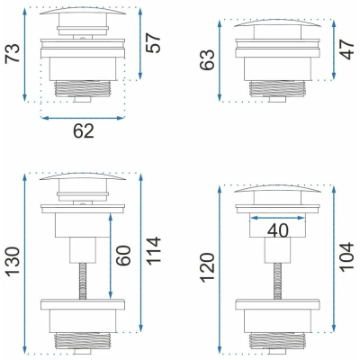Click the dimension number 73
(x=13, y=53)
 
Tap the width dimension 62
(x=84, y=131)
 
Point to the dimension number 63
(x=207, y=59)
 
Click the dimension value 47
(x=347, y=49)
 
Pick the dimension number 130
(x=13, y=261)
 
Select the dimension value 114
(x=153, y=251)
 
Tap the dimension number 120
(x=207, y=268)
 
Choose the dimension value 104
(x=347, y=256)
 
